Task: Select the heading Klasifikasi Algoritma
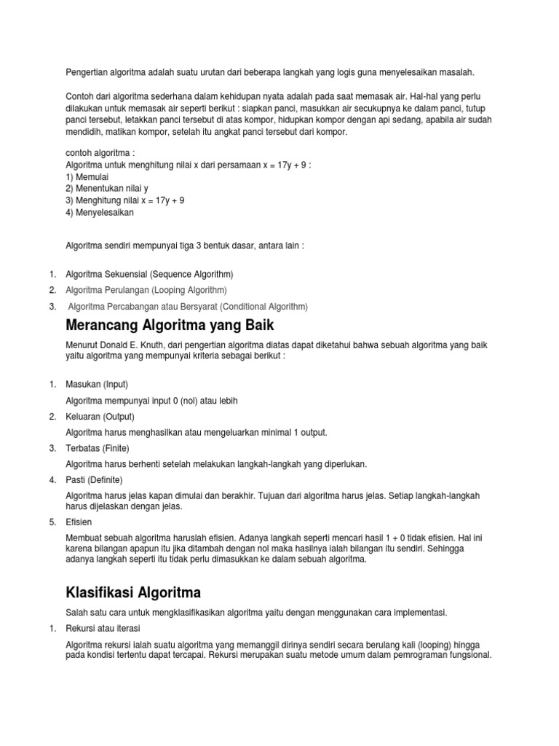click(x=133, y=592)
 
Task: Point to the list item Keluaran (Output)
click(x=100, y=417)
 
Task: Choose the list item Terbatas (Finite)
click(x=98, y=447)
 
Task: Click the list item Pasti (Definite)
click(x=95, y=479)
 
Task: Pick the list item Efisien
click(x=79, y=522)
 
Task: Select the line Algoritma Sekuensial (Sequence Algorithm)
click(x=150, y=274)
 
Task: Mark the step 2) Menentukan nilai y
click(x=107, y=188)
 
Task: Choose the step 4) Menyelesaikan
click(x=100, y=213)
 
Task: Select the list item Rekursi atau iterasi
click(x=103, y=628)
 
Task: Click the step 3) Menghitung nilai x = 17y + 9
click(x=124, y=200)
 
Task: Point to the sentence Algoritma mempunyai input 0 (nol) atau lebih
click(x=152, y=401)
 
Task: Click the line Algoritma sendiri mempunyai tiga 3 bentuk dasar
click(x=185, y=246)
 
